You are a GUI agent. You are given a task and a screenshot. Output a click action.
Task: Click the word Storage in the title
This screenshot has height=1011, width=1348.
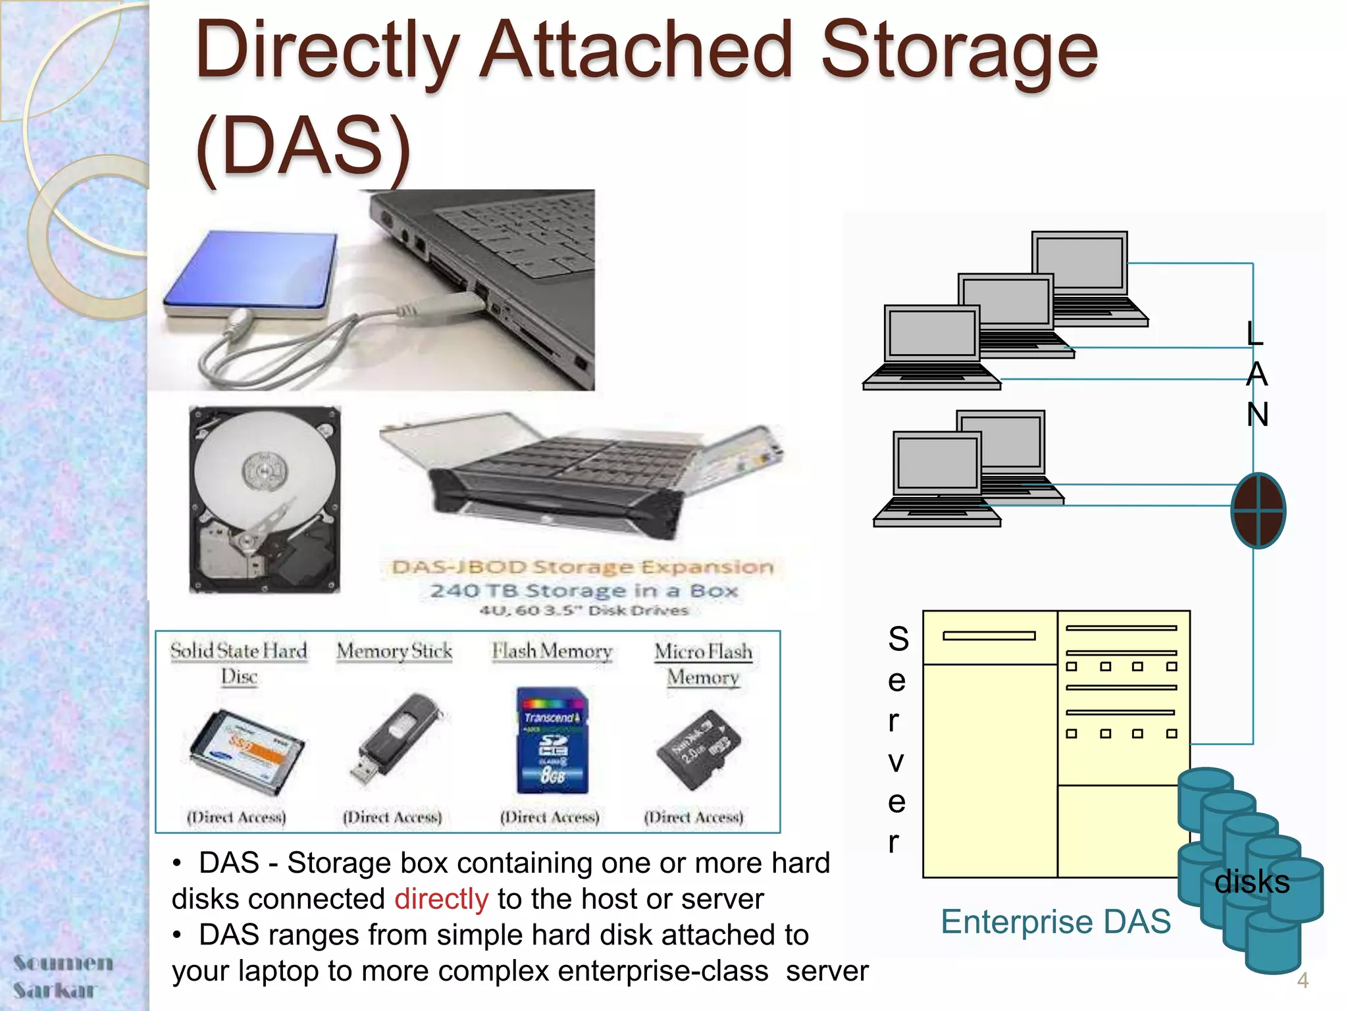(960, 51)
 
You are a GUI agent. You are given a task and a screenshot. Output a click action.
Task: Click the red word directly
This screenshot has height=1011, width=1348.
(441, 899)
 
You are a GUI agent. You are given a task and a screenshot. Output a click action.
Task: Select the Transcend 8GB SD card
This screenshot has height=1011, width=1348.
(552, 740)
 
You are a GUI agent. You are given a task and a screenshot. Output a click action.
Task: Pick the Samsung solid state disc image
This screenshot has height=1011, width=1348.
(247, 750)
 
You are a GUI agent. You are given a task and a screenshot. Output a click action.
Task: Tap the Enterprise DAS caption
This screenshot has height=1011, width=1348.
(1055, 921)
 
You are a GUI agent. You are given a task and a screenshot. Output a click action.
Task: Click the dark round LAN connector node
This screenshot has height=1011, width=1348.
(1258, 510)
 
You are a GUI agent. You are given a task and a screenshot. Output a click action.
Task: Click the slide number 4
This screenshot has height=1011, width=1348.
(1303, 981)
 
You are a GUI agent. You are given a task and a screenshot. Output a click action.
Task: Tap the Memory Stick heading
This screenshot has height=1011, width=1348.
(394, 652)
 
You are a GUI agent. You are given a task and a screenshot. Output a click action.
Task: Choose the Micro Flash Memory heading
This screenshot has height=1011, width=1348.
(703, 664)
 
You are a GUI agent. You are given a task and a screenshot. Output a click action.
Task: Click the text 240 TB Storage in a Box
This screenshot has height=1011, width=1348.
(583, 590)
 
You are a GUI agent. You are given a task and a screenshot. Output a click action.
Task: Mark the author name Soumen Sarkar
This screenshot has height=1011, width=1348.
(63, 976)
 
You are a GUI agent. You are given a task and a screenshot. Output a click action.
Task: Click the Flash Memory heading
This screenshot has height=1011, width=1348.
(552, 652)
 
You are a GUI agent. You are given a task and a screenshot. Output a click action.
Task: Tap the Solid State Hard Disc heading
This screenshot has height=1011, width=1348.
(238, 663)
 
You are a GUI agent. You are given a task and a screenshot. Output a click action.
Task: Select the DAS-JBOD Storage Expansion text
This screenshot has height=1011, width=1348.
(582, 567)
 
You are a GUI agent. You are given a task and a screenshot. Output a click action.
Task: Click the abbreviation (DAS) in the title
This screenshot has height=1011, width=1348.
(303, 146)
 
